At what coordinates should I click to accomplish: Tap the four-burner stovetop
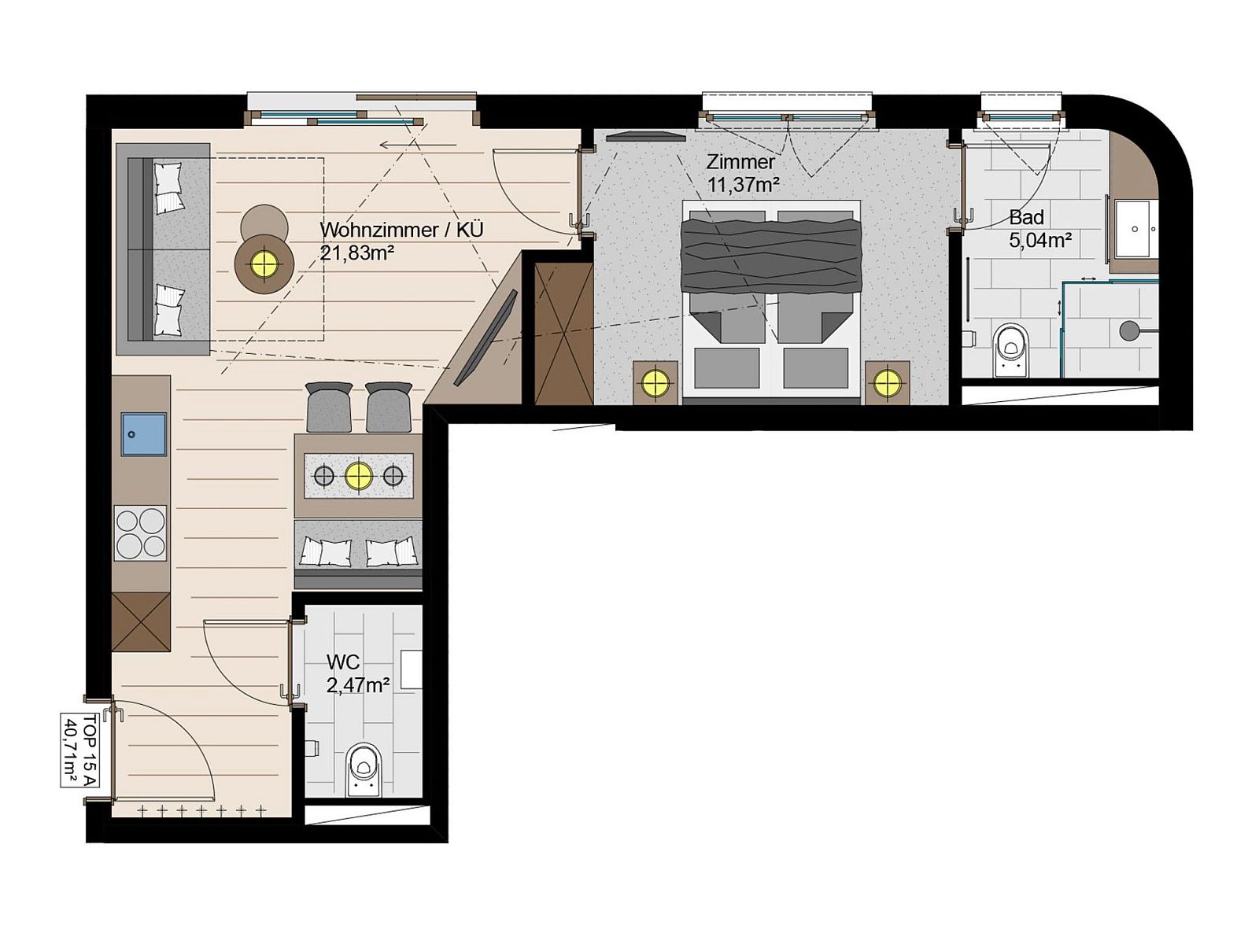pos(141,533)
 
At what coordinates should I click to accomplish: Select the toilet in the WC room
pos(364,769)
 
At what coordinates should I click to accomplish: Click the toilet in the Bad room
pos(1010,349)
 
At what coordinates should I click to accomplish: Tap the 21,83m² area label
pos(356,253)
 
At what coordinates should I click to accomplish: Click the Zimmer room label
pos(740,161)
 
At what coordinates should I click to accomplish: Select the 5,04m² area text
pos(1040,240)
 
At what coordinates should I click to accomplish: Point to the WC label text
pos(343,662)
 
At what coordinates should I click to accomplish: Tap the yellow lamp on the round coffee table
pos(264,264)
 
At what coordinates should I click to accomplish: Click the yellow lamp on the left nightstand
pos(655,382)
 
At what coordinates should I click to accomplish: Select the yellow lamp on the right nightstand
pos(888,382)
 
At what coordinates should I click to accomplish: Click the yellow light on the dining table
pos(359,475)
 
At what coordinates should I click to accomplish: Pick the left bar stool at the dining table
pos(329,407)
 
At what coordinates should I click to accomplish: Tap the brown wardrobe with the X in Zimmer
pos(563,333)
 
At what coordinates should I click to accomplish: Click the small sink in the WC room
pos(411,669)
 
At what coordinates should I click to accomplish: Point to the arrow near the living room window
pos(419,145)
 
